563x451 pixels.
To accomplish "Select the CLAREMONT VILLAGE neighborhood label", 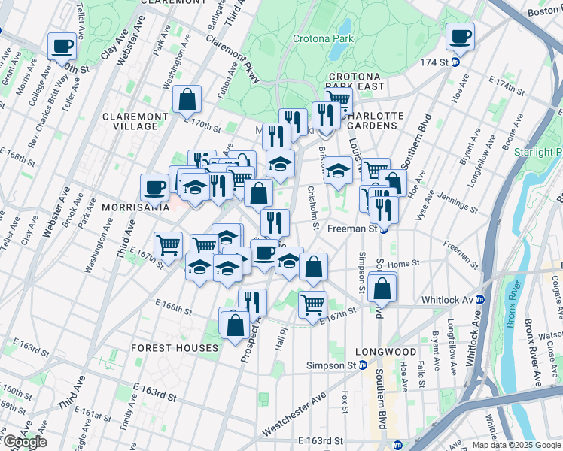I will point(135,121).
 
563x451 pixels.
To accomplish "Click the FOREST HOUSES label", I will point(175,348).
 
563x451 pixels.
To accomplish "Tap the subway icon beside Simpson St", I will point(363,365).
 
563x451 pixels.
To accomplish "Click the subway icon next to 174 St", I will point(455,62).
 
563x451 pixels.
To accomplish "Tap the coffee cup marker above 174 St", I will point(459,35).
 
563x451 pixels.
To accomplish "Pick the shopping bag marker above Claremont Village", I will point(186,98).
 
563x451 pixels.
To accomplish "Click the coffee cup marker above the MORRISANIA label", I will point(155,187).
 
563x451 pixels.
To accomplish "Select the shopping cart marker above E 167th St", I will point(312,304).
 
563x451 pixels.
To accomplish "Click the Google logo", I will point(25,442).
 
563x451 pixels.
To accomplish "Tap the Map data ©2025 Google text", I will point(516,445).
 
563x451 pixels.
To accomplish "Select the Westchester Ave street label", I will point(294,414).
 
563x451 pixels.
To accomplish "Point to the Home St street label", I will point(403,264).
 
